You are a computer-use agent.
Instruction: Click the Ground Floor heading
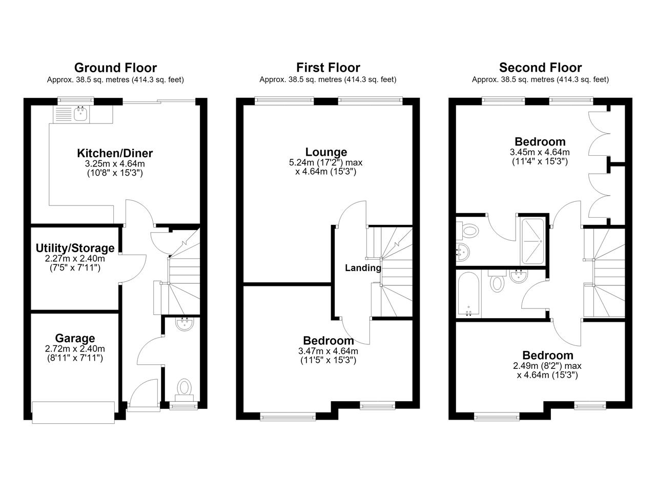115,68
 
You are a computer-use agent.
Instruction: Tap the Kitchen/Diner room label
115,153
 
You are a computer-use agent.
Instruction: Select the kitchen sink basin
80,114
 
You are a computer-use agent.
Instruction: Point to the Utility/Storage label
75,248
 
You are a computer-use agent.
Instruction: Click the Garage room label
75,338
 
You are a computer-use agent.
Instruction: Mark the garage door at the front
73,412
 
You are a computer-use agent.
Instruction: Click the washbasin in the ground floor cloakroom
184,324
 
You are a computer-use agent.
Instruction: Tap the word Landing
363,268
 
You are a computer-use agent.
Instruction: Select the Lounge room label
326,152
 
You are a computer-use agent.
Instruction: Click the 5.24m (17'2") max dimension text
325,162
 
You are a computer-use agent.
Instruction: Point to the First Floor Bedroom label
329,341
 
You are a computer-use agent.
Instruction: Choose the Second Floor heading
540,68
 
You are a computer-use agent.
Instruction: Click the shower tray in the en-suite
532,241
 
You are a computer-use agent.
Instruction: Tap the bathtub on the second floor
468,294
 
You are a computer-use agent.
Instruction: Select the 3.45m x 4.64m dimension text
540,152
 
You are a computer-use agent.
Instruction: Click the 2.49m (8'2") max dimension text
547,366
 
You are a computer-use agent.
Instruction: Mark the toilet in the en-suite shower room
468,231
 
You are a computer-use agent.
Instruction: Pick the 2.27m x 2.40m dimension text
75,259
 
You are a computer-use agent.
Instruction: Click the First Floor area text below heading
327,79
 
